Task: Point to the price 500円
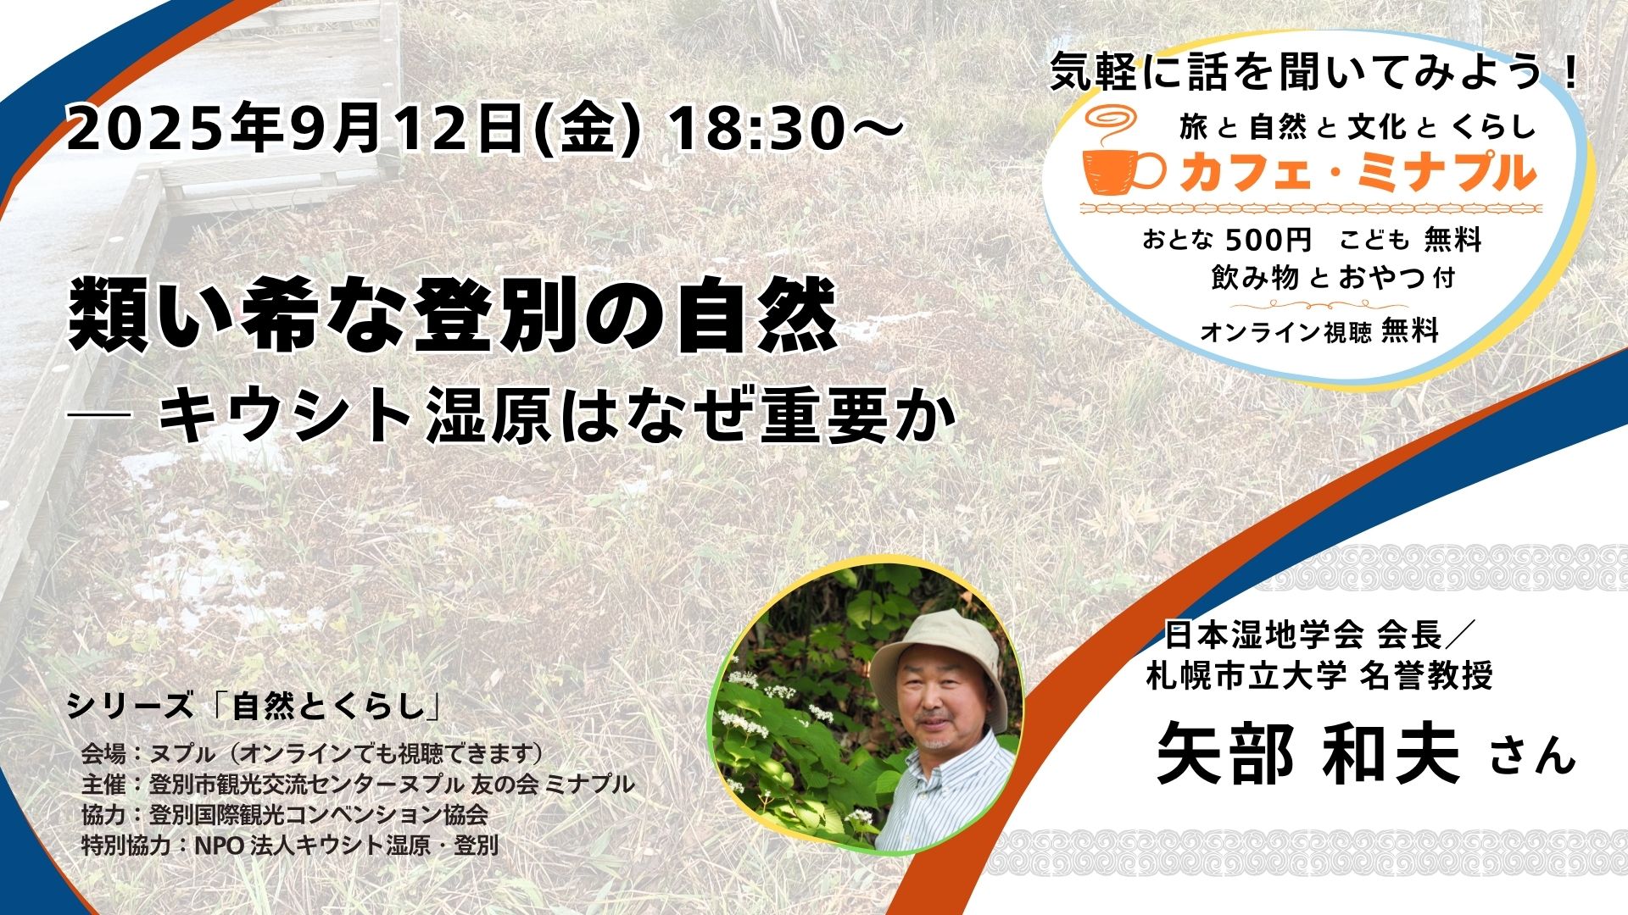[1269, 241]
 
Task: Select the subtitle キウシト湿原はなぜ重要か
[558, 417]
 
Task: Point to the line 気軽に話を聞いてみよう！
[1314, 74]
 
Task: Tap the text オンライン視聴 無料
[1319, 331]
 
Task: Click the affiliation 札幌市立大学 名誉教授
[1319, 675]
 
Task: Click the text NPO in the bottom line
[219, 845]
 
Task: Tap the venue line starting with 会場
[312, 752]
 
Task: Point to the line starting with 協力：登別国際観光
[284, 815]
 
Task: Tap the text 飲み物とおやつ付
[1333, 279]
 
